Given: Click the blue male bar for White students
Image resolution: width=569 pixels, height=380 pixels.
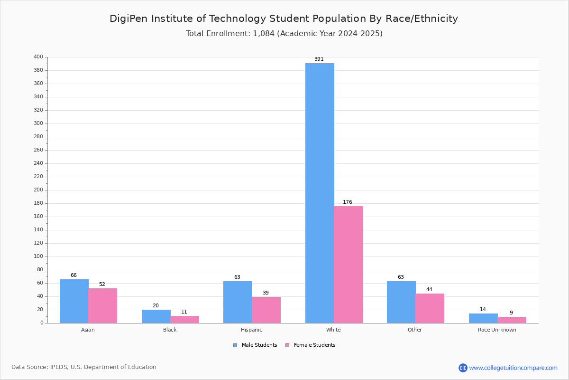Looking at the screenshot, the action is point(320,193).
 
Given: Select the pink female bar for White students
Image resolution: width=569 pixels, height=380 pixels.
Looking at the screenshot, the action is point(348,265).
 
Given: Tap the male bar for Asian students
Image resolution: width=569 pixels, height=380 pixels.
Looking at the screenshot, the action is point(74,301).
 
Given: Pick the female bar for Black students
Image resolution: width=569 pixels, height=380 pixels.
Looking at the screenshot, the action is point(184,320).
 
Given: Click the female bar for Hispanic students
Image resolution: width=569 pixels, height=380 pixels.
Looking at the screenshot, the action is point(266,310).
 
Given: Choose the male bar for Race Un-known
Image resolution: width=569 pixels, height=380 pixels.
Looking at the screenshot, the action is point(483,318).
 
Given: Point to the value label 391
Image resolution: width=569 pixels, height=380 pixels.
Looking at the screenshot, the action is point(319,59).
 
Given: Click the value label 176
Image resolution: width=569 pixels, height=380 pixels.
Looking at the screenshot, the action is point(348,202).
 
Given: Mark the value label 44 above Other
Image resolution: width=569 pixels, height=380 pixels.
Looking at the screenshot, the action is point(429,289).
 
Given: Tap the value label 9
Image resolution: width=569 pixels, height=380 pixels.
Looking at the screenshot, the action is point(511,313).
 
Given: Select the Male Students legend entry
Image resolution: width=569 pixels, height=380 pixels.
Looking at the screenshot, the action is point(255,345).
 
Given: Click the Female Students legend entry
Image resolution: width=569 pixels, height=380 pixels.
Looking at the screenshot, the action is point(311,345).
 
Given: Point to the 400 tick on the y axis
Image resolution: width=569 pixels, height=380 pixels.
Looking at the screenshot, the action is point(38,57).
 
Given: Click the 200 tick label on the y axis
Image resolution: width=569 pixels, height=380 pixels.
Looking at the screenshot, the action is point(38,190).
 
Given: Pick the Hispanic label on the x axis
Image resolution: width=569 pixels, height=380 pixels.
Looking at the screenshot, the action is point(251,330).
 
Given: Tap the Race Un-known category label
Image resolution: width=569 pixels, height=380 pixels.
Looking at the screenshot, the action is point(497,330).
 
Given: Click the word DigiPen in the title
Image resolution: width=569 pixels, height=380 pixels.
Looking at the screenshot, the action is point(128,19).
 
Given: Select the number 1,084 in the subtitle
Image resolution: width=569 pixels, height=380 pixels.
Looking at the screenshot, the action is point(264,34).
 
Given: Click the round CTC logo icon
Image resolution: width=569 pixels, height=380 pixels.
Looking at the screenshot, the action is point(463,368).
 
